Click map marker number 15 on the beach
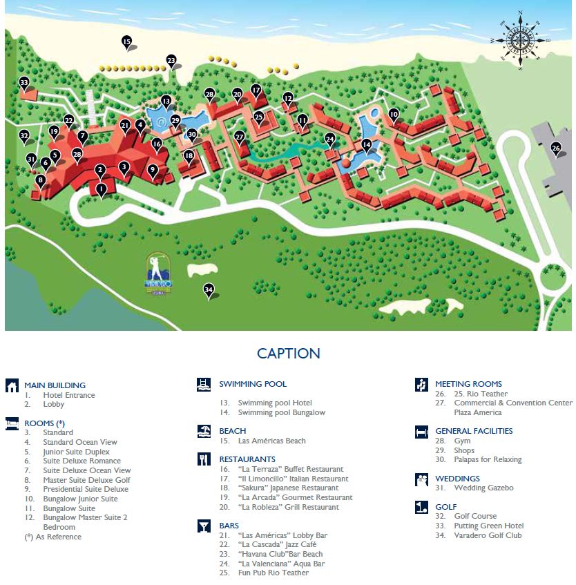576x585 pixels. click(x=126, y=42)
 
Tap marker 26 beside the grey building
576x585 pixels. click(x=555, y=147)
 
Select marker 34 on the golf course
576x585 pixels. click(x=209, y=289)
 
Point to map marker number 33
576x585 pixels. click(x=24, y=83)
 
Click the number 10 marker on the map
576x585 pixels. click(x=394, y=114)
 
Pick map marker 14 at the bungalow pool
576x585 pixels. click(x=367, y=144)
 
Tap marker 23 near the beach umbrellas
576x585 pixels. click(x=171, y=60)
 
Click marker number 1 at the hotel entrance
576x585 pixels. click(x=102, y=188)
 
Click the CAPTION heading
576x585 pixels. click(x=288, y=354)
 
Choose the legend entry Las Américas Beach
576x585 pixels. click(x=271, y=441)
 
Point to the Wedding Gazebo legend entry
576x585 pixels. click(x=483, y=488)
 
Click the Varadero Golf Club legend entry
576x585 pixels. click(x=488, y=535)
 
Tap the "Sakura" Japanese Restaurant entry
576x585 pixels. click(x=288, y=488)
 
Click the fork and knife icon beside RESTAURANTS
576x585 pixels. click(x=203, y=459)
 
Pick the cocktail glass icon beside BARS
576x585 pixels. click(x=203, y=526)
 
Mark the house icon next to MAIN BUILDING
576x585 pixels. click(x=12, y=385)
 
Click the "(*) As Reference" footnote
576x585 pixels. click(x=52, y=537)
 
